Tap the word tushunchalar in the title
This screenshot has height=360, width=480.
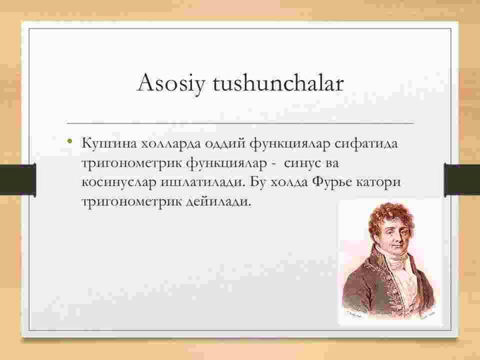tap(278, 82)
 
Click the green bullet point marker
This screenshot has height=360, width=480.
tap(70, 141)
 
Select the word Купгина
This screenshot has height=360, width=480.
tap(108, 143)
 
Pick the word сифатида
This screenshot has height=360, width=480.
tap(366, 143)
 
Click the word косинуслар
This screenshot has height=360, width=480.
tap(119, 182)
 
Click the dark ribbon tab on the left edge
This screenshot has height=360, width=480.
tap(18, 179)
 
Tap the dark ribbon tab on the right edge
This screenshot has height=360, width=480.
tap(462, 179)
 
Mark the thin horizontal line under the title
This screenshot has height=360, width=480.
tap(240, 123)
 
